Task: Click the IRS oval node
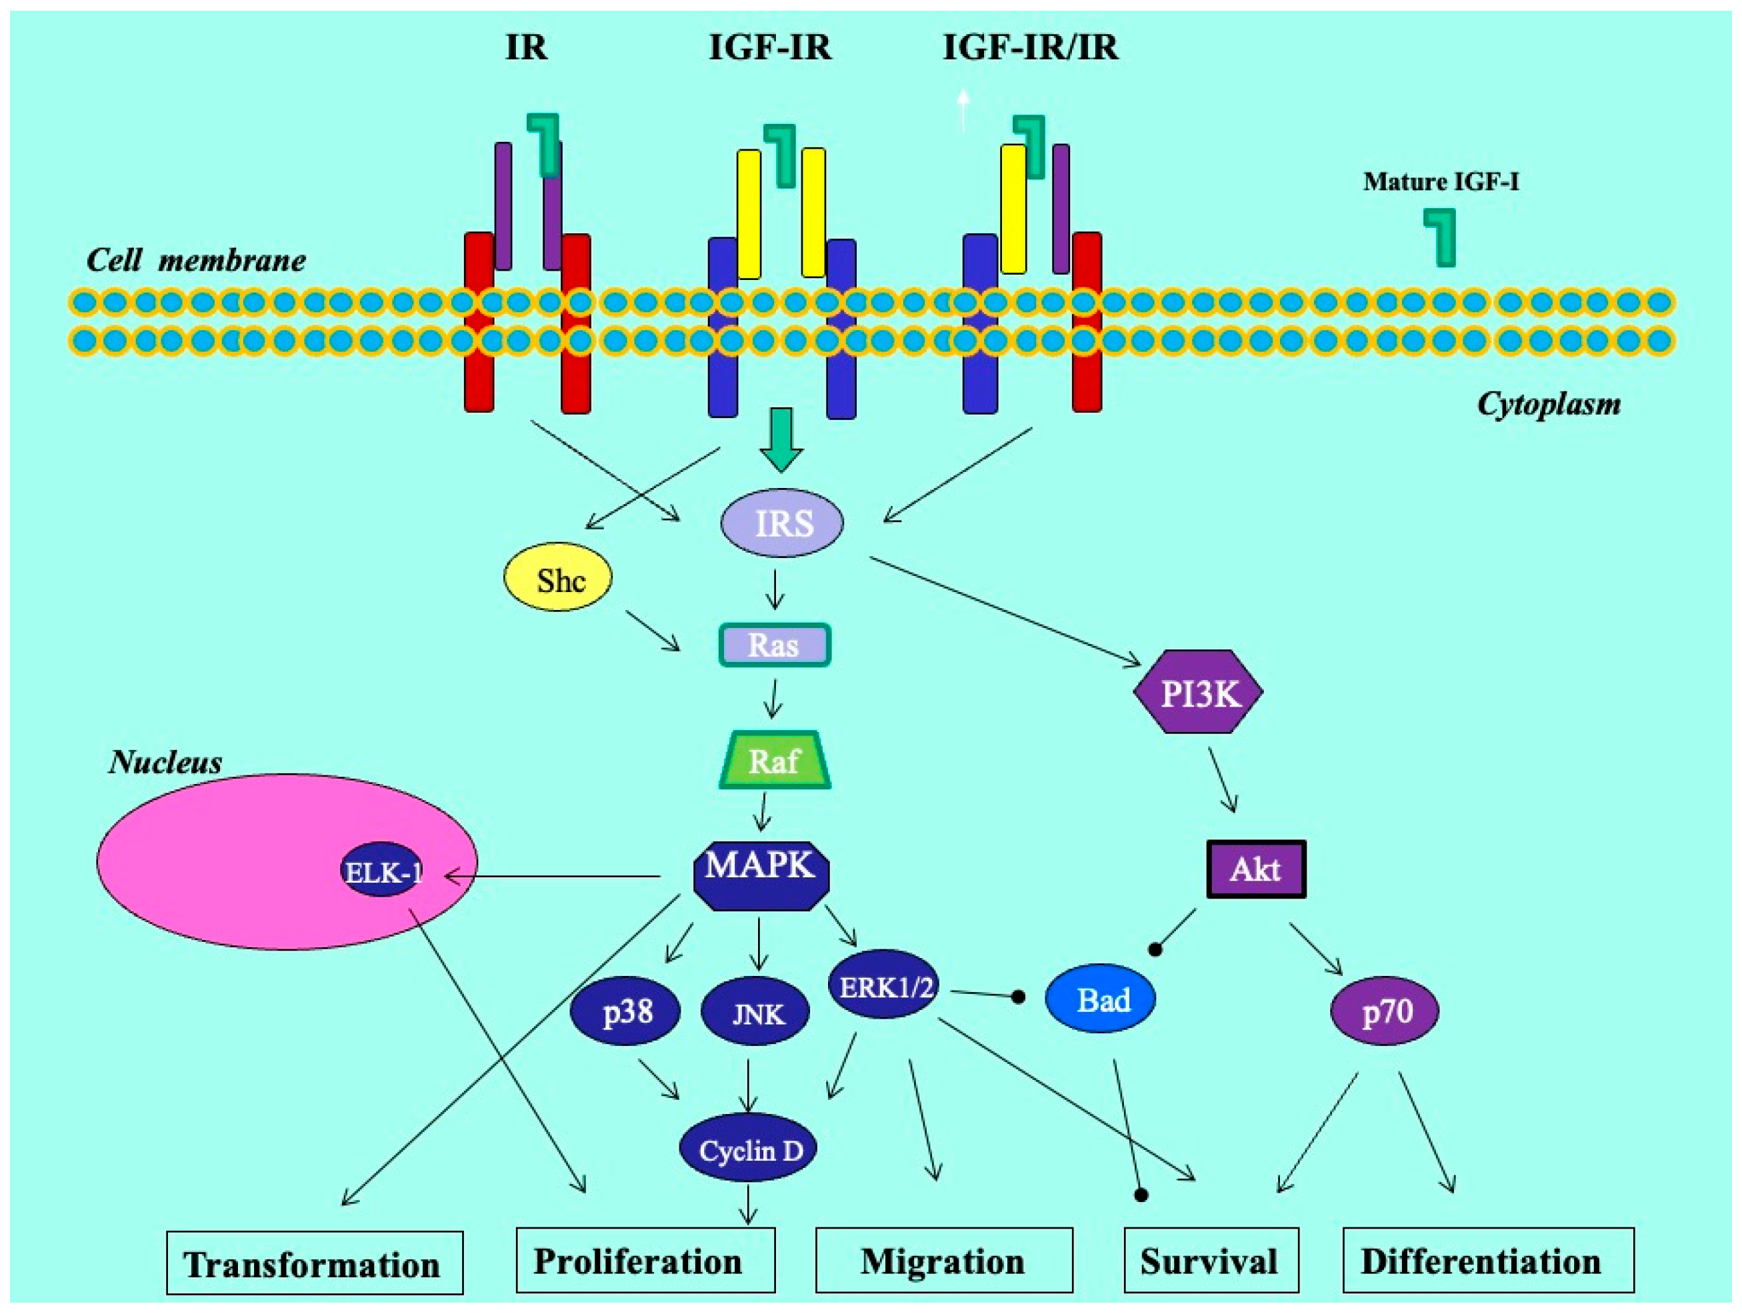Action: point(782,523)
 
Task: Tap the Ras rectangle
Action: point(775,645)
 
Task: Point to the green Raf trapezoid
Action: point(775,761)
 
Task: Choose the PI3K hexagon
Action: point(1199,693)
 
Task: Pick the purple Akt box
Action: point(1256,869)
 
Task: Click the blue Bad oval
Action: point(1101,999)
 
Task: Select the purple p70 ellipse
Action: point(1385,1010)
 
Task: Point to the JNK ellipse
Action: point(756,1013)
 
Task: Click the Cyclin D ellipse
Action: point(748,1150)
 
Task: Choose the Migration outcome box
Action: point(943,1261)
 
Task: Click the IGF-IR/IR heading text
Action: point(1030,47)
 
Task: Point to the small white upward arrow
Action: point(963,110)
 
